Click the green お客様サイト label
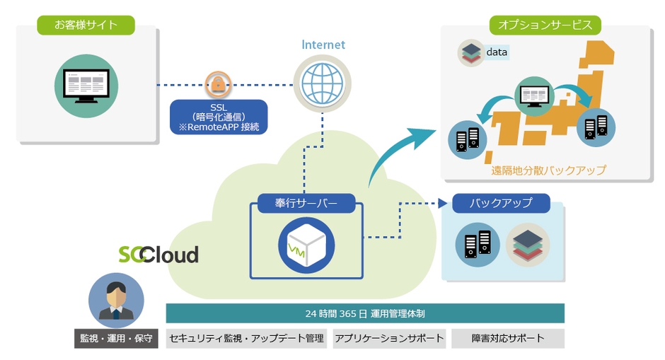86,25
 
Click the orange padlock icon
219,84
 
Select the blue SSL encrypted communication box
219,117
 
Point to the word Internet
323,45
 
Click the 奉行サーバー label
306,204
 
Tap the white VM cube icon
306,245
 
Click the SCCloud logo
158,254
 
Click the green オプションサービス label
545,25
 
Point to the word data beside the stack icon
497,52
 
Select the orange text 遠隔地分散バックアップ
548,170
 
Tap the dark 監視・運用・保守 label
115,338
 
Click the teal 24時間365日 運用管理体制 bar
365,313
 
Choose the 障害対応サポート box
508,338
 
